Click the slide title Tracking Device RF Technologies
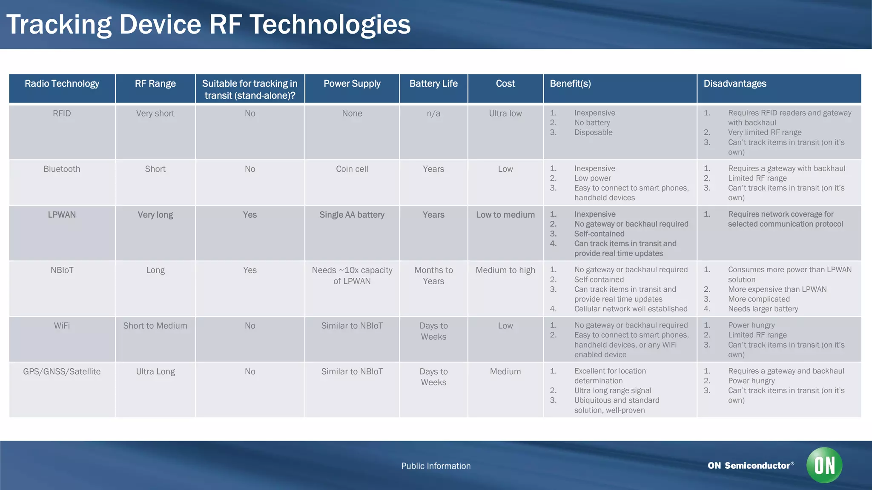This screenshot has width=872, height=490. (x=208, y=24)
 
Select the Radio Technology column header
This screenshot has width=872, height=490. (x=62, y=84)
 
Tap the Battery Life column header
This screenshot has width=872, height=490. (x=433, y=84)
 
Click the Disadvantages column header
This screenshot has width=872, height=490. (x=734, y=84)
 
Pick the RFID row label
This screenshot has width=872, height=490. (x=62, y=114)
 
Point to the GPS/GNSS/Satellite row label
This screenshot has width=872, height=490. (x=62, y=372)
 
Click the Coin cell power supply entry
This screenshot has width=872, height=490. (x=352, y=169)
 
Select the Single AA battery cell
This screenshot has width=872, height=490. (x=352, y=215)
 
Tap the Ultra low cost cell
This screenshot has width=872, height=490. (x=505, y=114)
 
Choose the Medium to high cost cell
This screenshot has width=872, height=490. (x=505, y=271)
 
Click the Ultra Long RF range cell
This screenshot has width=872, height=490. (x=155, y=372)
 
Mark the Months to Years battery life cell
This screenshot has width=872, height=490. (x=433, y=276)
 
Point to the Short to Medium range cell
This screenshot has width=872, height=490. (x=155, y=326)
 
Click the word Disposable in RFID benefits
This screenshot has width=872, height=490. (x=593, y=133)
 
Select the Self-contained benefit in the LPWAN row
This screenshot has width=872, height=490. (x=599, y=234)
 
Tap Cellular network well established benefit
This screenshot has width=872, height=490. (x=631, y=309)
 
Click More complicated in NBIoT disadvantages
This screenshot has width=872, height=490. (x=759, y=299)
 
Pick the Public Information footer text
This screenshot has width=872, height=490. (x=436, y=466)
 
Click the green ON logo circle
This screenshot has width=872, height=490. (x=824, y=465)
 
